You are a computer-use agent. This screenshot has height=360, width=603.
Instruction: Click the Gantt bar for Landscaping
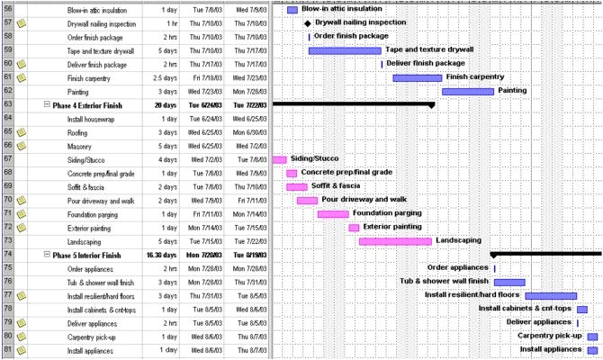(395, 241)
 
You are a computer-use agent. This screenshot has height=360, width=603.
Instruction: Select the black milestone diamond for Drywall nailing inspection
(307, 22)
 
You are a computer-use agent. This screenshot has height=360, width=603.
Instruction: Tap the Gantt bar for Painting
(468, 91)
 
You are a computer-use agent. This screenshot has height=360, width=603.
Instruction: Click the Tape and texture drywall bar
(345, 50)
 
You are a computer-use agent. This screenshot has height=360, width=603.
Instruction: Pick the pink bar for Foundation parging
(333, 214)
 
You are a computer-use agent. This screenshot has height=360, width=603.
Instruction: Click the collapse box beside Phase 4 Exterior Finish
(46, 104)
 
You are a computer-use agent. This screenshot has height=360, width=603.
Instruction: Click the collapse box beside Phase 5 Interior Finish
(46, 255)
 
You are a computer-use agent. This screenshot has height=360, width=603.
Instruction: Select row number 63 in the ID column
(7, 104)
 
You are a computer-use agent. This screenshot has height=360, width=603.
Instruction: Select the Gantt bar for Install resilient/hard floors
(551, 295)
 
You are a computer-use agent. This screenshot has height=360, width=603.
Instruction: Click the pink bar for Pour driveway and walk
(307, 200)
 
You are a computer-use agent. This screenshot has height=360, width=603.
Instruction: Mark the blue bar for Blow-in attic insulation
(292, 10)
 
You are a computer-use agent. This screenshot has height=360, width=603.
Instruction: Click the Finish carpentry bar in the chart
(417, 77)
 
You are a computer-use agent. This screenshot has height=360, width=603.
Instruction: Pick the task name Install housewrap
(89, 119)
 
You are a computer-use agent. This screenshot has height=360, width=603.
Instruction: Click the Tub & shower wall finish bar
(509, 282)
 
